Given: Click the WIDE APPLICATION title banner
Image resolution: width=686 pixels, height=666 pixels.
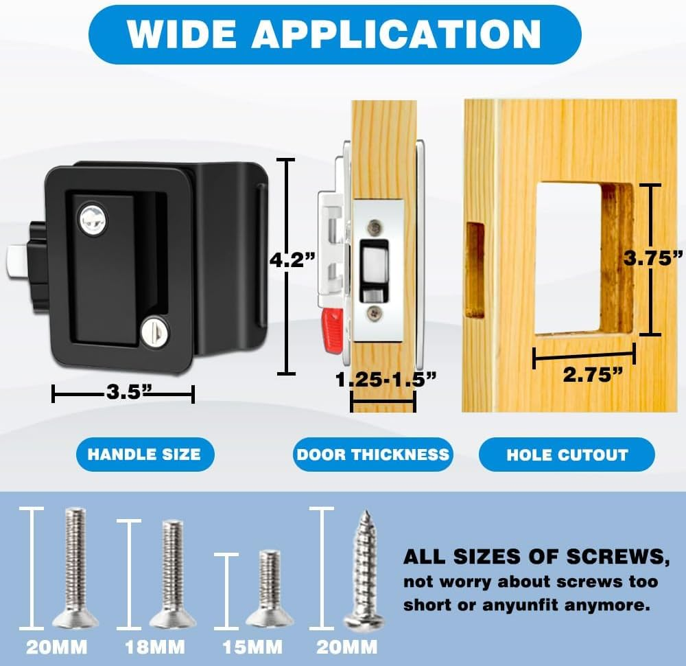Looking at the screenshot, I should (335, 34).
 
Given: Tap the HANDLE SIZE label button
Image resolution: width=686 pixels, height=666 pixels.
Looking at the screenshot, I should (144, 455).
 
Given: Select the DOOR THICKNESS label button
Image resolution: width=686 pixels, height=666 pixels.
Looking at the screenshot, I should (372, 455).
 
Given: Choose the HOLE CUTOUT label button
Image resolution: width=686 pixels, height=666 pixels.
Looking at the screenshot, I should (567, 455).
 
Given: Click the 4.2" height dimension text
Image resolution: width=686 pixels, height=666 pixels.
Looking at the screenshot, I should (292, 260).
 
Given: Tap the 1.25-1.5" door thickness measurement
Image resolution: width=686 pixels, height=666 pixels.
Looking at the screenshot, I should (386, 380).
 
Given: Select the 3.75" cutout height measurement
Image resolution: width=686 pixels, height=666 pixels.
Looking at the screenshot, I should (652, 259).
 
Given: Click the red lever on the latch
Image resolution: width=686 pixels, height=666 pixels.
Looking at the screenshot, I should (333, 328).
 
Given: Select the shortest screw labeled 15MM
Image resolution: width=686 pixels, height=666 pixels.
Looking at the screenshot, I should (270, 588).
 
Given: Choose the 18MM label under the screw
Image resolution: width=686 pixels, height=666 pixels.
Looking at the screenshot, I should (154, 647).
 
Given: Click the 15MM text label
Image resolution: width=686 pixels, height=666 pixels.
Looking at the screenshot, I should (252, 647).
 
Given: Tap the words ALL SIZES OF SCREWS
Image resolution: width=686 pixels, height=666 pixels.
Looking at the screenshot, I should (535, 557).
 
